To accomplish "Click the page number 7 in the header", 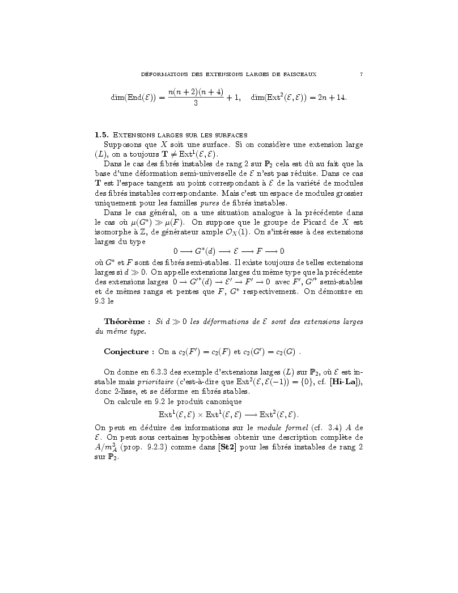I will click(x=361, y=74).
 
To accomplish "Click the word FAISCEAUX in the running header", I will click(x=299, y=74).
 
